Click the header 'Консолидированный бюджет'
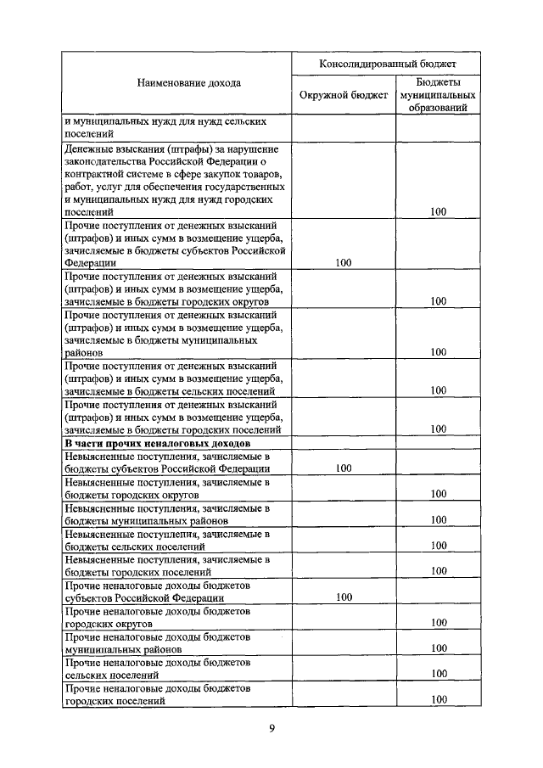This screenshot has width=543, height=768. (x=387, y=64)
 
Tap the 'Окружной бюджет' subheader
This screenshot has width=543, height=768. (x=344, y=95)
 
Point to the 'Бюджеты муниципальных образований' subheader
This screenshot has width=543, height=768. (x=438, y=95)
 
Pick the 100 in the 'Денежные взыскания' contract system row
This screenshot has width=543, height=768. (x=438, y=212)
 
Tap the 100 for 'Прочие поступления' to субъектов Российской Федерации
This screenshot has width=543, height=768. (x=344, y=263)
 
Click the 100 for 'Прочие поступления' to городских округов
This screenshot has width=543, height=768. (x=438, y=301)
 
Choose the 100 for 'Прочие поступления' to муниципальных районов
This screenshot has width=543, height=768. (x=438, y=352)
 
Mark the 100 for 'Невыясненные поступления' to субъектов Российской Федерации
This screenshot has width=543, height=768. (x=344, y=468)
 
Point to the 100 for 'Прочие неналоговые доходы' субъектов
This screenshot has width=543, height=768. (x=344, y=597)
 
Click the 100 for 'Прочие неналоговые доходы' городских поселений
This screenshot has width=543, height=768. (x=438, y=699)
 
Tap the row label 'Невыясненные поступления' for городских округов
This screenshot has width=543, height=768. (x=167, y=488)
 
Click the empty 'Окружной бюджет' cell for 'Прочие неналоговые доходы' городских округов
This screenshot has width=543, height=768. (x=344, y=616)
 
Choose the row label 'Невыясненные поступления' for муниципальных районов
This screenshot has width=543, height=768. (x=167, y=513)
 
